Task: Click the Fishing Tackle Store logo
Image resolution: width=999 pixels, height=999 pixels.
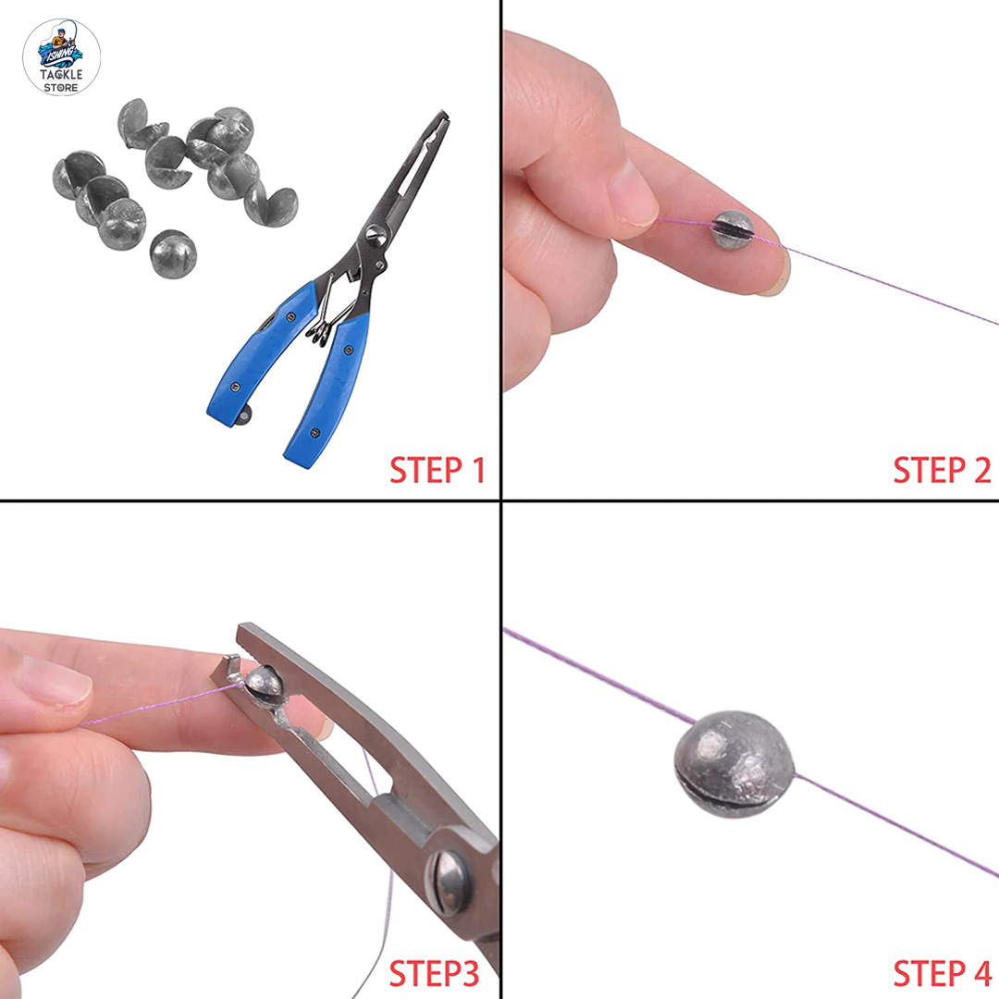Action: point(61,56)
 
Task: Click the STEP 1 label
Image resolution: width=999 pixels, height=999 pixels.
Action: point(437,470)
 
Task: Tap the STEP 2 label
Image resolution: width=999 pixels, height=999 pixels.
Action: point(941,470)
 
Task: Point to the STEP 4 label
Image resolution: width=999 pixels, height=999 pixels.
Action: point(941,973)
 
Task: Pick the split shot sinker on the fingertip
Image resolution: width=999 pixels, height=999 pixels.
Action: point(733,229)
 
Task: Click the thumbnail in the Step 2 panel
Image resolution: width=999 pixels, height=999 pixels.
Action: point(635,194)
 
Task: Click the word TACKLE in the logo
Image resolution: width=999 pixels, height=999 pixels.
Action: point(61,74)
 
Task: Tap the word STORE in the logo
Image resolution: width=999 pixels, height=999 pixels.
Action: point(61,88)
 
